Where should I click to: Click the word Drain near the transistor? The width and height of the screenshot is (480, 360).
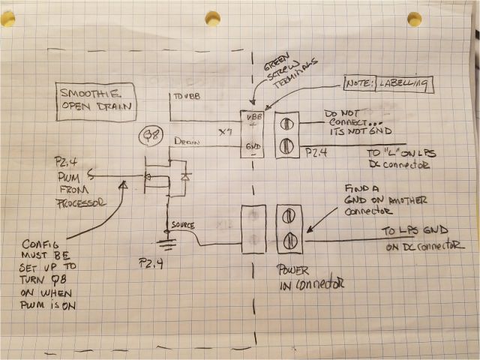[185, 140]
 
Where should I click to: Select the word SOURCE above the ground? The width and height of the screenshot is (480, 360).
[183, 224]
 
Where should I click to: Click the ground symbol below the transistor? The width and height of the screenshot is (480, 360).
[166, 241]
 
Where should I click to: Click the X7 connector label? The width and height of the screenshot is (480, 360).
[225, 132]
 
